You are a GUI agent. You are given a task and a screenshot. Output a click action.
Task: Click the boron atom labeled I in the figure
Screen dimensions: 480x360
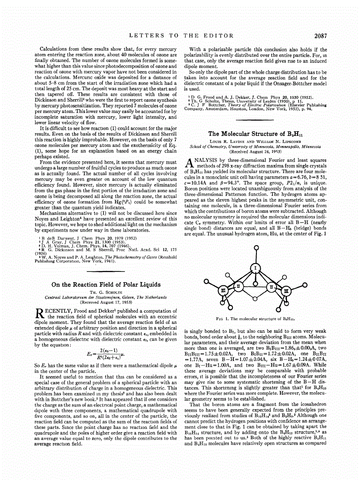tap(255, 268)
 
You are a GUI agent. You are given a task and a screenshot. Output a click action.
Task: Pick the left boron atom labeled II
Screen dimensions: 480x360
tap(238, 285)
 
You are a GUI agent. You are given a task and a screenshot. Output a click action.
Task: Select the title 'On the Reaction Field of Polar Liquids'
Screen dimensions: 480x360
tap(105, 285)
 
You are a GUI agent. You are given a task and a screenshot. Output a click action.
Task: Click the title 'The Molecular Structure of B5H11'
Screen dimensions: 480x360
tap(255, 134)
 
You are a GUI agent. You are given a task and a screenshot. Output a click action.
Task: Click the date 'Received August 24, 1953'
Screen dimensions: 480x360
tap(255, 151)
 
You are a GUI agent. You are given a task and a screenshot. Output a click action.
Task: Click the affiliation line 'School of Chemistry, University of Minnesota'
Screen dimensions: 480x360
tap(255, 146)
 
